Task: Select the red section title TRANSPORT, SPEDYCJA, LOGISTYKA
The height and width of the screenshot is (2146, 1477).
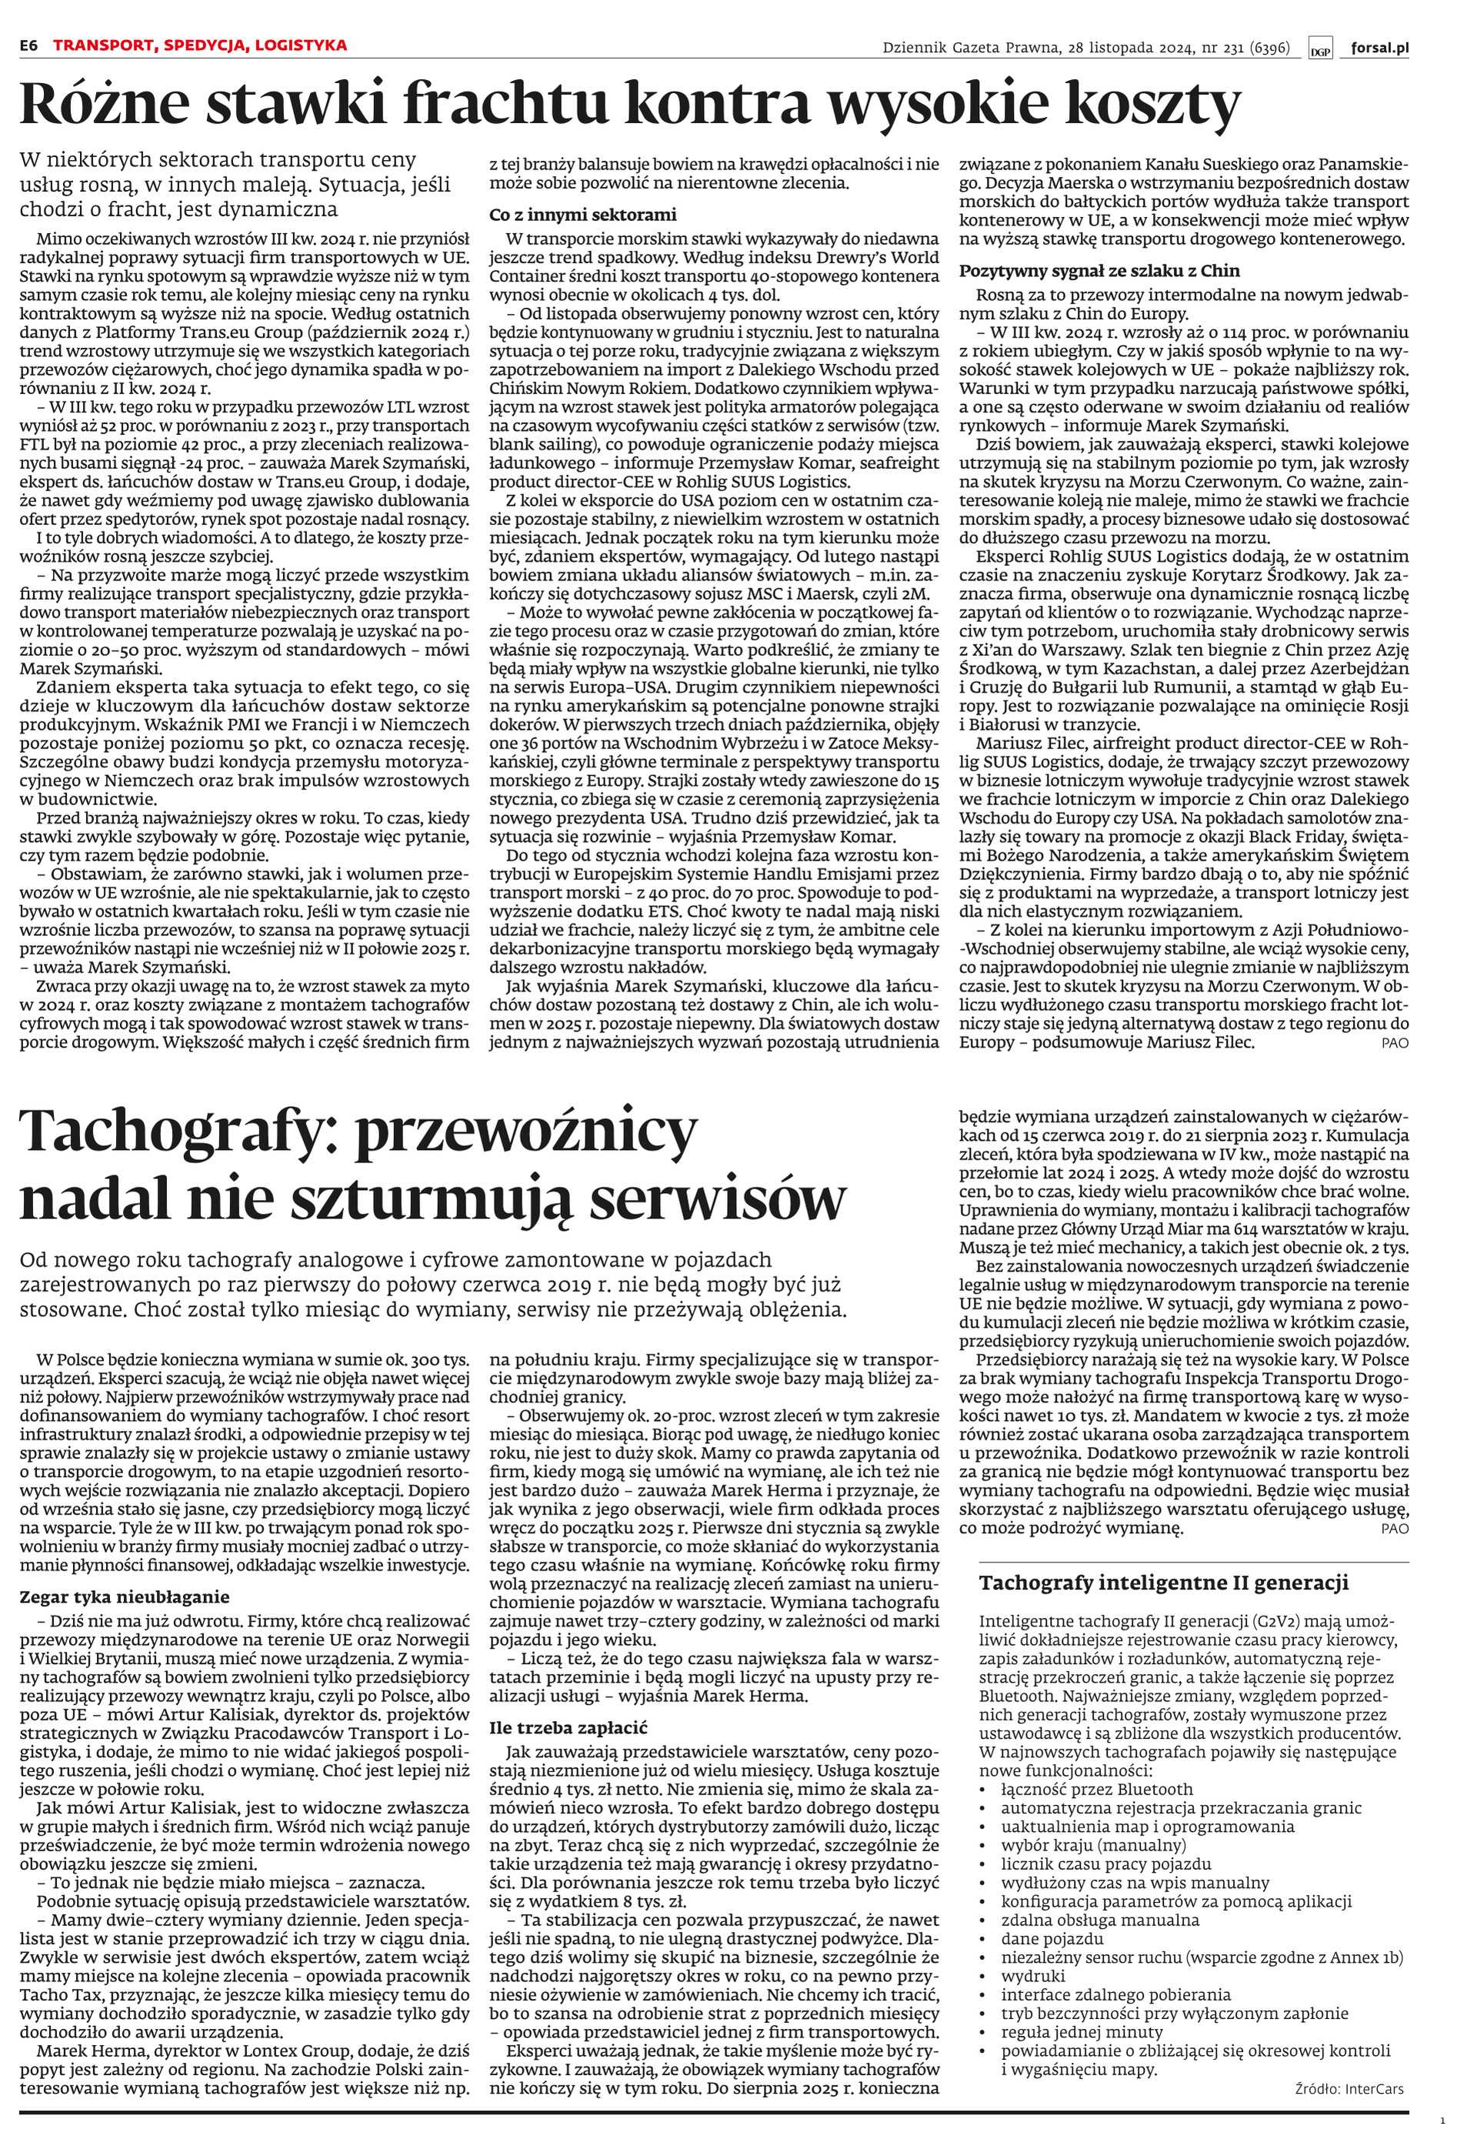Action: [x=200, y=45]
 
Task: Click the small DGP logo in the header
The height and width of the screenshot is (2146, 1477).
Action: [x=1319, y=49]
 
